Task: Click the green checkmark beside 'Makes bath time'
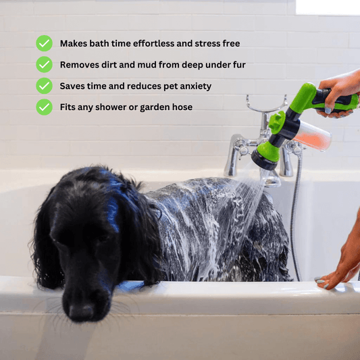coord(44,43)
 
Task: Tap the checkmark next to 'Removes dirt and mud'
coord(44,65)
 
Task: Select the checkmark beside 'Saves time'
coord(44,86)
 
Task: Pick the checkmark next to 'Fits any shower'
coord(44,107)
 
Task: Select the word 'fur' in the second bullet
coord(239,65)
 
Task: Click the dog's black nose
coord(81,312)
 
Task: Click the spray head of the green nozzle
coord(265,159)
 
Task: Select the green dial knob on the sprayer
coord(277,122)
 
